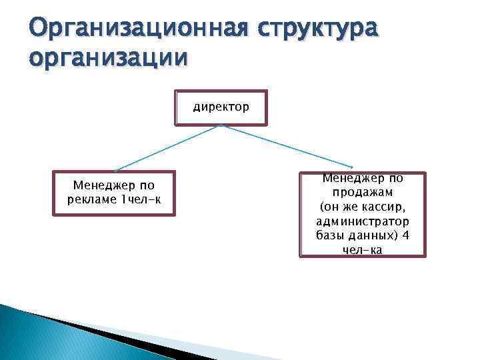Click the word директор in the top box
(x=221, y=106)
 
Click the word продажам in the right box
(x=363, y=192)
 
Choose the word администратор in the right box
(x=363, y=221)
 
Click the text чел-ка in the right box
(x=363, y=250)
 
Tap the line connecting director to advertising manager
(x=167, y=148)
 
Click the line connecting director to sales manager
(x=287, y=146)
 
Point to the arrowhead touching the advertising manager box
(x=116, y=171)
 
